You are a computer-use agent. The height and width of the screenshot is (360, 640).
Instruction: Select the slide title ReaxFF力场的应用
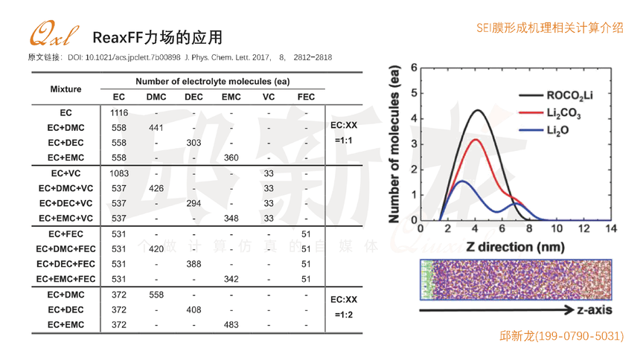coord(157,37)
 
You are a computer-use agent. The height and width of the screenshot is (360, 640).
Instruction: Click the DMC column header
coord(156,97)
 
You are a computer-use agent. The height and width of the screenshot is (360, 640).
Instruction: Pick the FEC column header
coord(306,97)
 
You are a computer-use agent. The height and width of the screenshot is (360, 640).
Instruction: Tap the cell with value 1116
coord(119,113)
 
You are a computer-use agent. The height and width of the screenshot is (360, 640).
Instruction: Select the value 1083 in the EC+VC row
coord(119,173)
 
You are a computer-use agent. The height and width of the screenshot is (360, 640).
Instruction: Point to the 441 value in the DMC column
coord(156,128)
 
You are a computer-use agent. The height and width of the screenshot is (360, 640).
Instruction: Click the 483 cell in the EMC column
coord(231,325)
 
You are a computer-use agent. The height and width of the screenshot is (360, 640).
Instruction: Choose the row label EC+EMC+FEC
coord(65,279)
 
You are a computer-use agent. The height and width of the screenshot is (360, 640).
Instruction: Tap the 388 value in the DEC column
coord(193,264)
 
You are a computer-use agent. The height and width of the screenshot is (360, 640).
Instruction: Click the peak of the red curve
coord(476,140)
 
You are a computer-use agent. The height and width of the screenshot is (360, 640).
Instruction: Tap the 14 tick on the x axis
coord(611,228)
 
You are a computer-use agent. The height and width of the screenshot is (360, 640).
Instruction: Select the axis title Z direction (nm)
coord(515,245)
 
